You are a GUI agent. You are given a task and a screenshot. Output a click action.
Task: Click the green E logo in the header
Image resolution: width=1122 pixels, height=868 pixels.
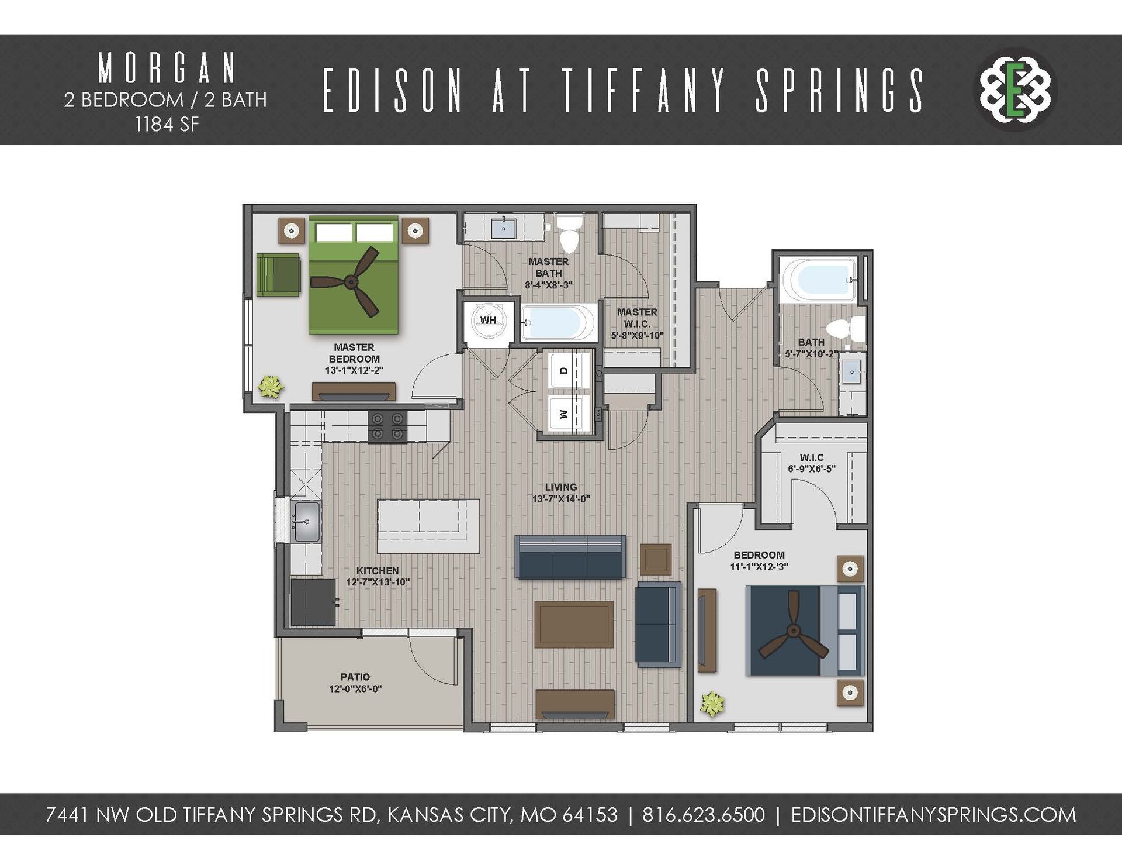click(x=1016, y=89)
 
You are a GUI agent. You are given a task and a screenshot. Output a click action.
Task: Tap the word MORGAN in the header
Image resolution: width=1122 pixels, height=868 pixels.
click(x=167, y=68)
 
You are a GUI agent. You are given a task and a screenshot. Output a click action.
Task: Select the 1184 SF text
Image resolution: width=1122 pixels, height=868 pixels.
click(x=167, y=125)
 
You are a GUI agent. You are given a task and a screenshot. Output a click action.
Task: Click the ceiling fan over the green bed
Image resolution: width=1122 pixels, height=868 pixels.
click(x=351, y=283)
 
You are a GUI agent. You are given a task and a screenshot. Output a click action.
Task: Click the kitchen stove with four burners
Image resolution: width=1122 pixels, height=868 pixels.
click(x=387, y=426)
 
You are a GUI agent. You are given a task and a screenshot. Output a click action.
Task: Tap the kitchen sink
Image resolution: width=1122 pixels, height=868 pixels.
click(x=306, y=521)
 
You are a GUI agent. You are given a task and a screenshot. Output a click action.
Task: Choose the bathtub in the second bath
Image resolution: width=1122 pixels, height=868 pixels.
click(x=818, y=280)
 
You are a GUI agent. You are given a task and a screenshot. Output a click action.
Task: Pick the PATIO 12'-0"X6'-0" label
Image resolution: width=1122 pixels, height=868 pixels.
click(x=355, y=683)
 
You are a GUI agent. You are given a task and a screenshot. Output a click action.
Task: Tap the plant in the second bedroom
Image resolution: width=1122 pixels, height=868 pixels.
click(x=712, y=704)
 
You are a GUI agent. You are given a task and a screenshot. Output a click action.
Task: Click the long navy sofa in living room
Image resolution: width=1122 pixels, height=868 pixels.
click(x=570, y=557)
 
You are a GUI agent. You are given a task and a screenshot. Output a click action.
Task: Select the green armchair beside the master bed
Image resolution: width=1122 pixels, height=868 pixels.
click(x=278, y=275)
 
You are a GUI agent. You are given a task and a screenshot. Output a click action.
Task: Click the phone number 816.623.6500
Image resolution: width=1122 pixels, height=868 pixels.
click(x=703, y=815)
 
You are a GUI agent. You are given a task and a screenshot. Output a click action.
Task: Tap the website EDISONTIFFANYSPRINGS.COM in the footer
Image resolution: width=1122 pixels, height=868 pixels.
click(x=933, y=815)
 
